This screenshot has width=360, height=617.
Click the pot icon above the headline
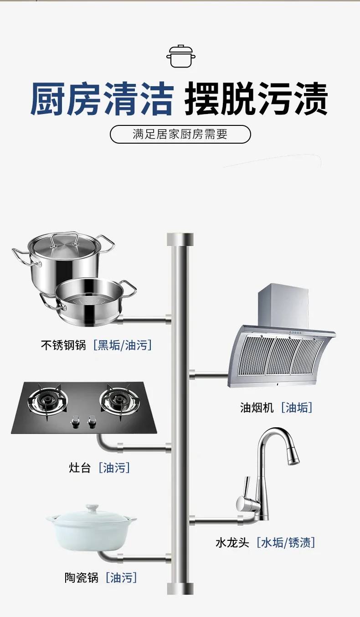point(180,56)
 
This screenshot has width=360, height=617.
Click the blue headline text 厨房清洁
point(102,99)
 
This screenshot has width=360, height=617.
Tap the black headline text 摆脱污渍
point(256,99)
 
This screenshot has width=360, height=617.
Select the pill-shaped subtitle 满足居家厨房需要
point(180,135)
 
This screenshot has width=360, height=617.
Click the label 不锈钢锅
point(63,345)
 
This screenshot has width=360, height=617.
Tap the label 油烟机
point(257,407)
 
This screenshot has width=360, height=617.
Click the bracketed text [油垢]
point(297,407)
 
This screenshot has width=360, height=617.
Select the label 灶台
point(80,467)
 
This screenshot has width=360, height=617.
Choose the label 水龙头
point(232,543)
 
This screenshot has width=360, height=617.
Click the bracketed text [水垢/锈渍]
point(286,543)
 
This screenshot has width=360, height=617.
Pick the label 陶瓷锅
point(81,578)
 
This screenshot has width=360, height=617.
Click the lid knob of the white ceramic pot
point(93,507)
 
